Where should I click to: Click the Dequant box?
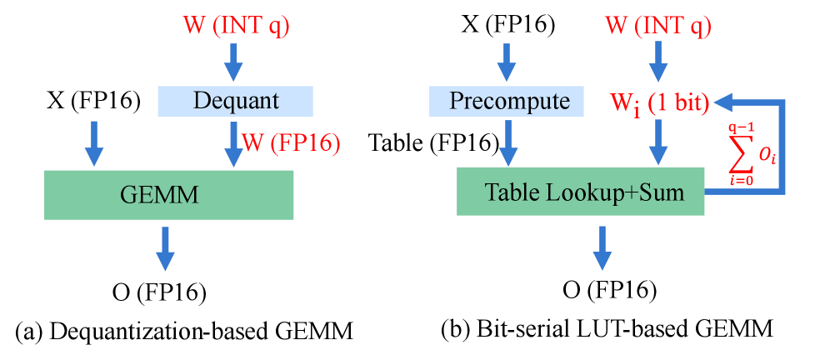click(235, 102)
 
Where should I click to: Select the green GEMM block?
click(168, 195)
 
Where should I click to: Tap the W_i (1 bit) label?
click(659, 103)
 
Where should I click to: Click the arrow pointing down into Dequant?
click(235, 62)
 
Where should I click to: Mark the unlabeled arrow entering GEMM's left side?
click(94, 142)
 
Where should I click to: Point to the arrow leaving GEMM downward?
click(166, 247)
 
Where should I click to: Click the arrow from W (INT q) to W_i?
click(658, 62)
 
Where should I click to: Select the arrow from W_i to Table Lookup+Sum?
click(658, 142)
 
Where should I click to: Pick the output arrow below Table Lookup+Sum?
click(602, 247)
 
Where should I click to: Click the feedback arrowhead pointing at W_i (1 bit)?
click(723, 102)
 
